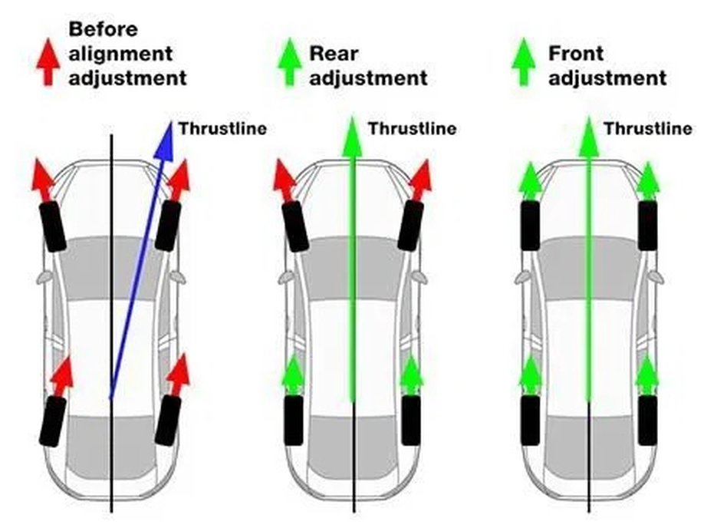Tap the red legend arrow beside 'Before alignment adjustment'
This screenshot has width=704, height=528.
[x=48, y=62]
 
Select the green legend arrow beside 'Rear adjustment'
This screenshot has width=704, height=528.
[x=290, y=62]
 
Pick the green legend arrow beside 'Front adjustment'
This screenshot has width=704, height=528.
[x=524, y=62]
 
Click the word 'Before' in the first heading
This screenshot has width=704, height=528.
[x=104, y=29]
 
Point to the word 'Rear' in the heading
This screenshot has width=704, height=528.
[x=334, y=54]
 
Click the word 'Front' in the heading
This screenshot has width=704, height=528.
[x=576, y=54]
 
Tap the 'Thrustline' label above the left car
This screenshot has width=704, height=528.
[x=222, y=129]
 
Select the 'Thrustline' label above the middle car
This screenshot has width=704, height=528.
[x=413, y=129]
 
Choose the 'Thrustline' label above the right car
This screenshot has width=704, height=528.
[x=648, y=129]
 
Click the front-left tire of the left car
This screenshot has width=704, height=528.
[x=53, y=226]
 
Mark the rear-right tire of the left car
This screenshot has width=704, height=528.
[x=168, y=421]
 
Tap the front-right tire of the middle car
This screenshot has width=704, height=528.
[x=410, y=226]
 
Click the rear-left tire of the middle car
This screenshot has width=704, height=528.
[x=294, y=421]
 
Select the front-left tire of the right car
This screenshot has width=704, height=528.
[x=530, y=226]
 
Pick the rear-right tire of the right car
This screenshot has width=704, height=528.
[x=648, y=421]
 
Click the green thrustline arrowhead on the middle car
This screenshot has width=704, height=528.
[x=353, y=137]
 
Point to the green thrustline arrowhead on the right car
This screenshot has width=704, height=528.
[x=589, y=137]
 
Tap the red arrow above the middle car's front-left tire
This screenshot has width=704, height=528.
[x=285, y=180]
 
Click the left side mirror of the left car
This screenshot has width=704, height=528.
[x=43, y=278]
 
